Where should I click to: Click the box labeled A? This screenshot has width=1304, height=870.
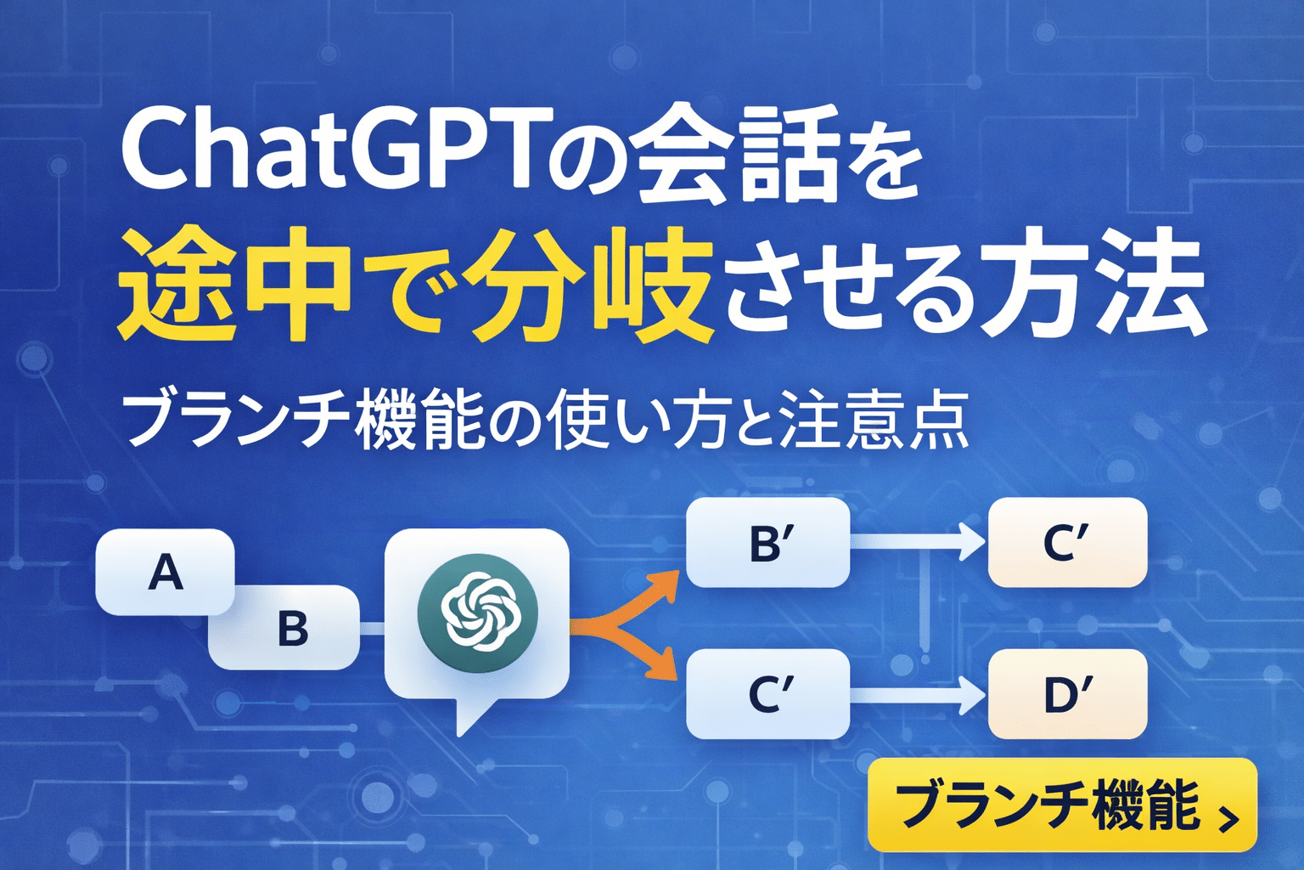point(165,572)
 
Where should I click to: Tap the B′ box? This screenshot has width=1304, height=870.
point(767,543)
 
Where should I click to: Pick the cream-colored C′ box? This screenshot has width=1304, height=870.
point(1066,543)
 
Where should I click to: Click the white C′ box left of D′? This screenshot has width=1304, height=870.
point(767,693)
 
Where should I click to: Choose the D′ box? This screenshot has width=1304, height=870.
point(1066,693)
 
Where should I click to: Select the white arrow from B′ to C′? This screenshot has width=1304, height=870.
point(917,542)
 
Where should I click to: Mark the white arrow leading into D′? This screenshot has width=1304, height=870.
point(917,694)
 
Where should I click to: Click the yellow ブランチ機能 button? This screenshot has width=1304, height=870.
point(1061,805)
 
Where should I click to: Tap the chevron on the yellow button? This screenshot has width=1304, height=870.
point(1228,817)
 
